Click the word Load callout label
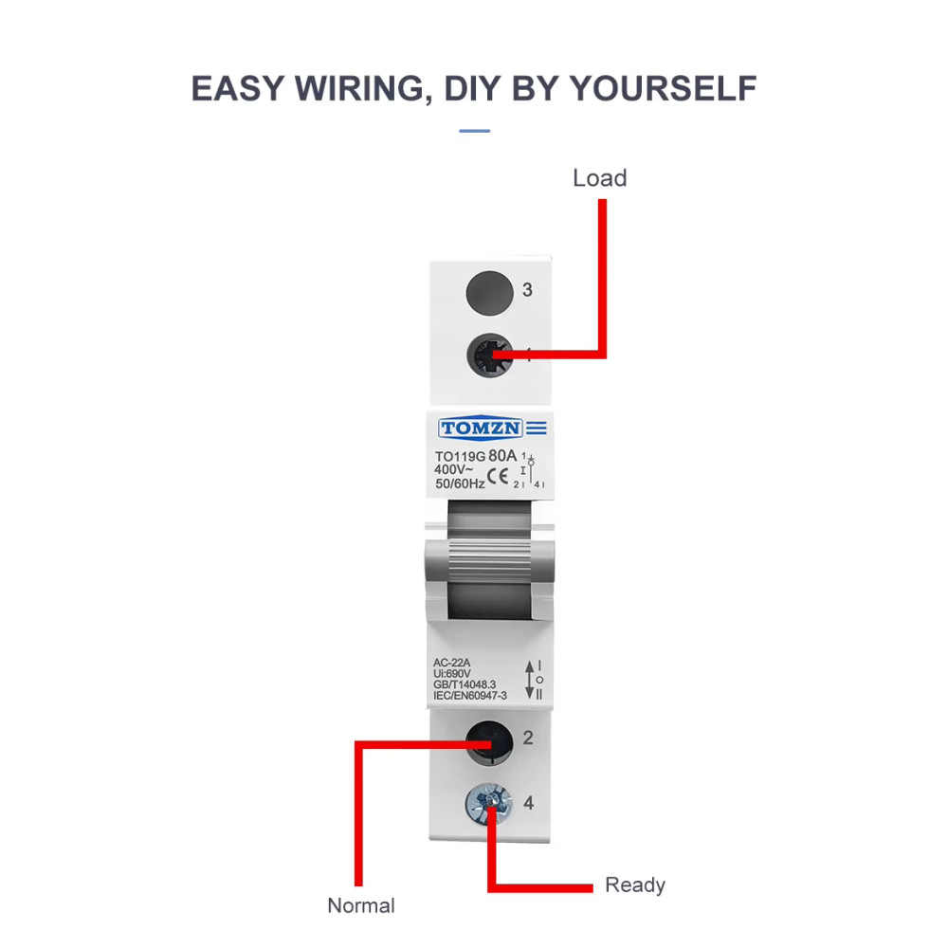click(599, 178)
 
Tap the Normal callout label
click(361, 905)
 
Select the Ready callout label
click(635, 885)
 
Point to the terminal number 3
click(527, 289)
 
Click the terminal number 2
click(528, 738)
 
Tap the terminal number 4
click(528, 803)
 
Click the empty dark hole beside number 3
click(490, 293)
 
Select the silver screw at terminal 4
click(488, 804)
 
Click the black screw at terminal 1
click(489, 355)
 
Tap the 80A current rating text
click(502, 455)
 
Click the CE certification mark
click(498, 477)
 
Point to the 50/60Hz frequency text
click(460, 483)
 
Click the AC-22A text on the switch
click(451, 663)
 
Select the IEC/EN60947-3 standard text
click(470, 695)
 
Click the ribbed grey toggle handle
click(489, 562)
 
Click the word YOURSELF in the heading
click(664, 88)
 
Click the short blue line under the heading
click(475, 131)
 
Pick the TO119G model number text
click(460, 457)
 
